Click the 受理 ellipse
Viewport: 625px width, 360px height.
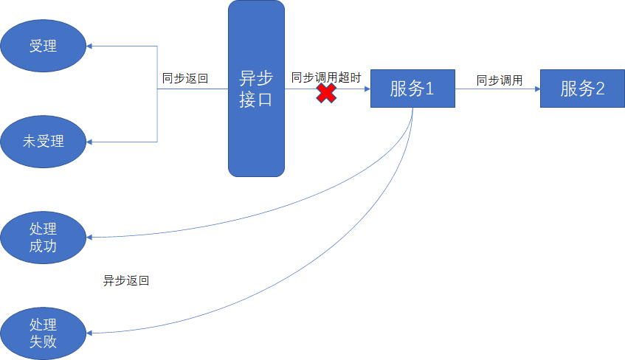43,46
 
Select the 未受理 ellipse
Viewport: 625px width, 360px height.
43,141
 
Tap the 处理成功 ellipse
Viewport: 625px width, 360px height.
43,237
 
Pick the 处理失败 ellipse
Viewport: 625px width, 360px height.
43,333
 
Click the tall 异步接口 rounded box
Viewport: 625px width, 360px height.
256,89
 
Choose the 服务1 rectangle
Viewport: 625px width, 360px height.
412,89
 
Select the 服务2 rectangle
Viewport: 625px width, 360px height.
582,89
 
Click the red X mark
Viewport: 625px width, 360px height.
326,93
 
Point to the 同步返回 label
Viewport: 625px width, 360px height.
185,77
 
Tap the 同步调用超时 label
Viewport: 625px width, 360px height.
326,77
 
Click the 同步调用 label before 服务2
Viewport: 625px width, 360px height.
500,80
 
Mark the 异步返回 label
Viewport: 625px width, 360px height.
126,280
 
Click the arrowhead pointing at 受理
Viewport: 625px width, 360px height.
90,46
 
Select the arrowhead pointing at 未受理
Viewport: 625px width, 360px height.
90,141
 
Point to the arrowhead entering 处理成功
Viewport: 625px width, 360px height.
90,238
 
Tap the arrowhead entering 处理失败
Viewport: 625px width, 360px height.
90,333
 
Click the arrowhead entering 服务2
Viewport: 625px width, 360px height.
536,89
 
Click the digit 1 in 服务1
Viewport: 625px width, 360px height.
429,89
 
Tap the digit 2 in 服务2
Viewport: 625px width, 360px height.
599,89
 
